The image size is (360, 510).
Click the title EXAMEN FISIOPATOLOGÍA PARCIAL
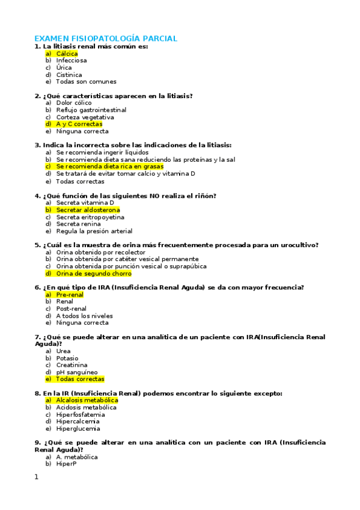(x=105, y=38)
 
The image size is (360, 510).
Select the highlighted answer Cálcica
(x=67, y=54)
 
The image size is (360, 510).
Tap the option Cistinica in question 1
(x=69, y=75)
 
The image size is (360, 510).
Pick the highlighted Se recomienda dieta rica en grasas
(x=109, y=167)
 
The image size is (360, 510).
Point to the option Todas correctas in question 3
(x=80, y=181)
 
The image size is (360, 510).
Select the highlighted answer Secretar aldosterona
(x=88, y=210)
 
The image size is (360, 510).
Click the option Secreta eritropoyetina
(x=90, y=217)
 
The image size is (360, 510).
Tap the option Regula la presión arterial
(x=94, y=231)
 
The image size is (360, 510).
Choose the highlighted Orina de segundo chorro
(x=94, y=273)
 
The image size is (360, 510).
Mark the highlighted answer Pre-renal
(x=70, y=295)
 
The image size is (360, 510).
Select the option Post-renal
(x=72, y=309)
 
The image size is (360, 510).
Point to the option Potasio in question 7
(x=67, y=358)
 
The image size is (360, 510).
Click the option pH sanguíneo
(x=76, y=372)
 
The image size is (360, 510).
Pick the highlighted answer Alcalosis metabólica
(x=87, y=400)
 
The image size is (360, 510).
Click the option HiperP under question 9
(x=66, y=464)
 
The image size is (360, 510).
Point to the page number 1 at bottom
(x=36, y=477)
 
